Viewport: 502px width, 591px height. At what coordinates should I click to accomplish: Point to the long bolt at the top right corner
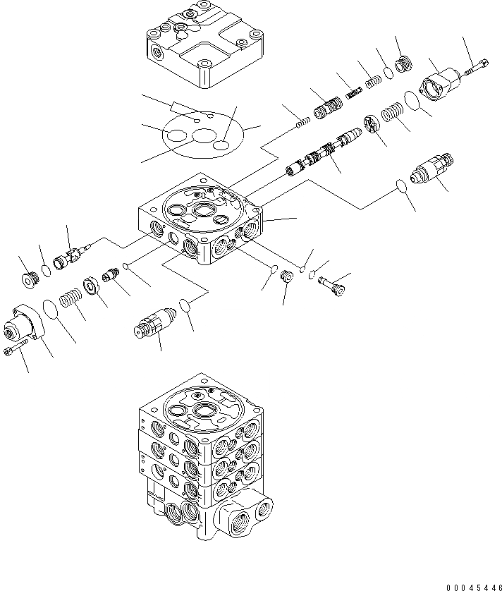(474, 66)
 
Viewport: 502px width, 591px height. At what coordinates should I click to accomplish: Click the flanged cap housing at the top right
(439, 84)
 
